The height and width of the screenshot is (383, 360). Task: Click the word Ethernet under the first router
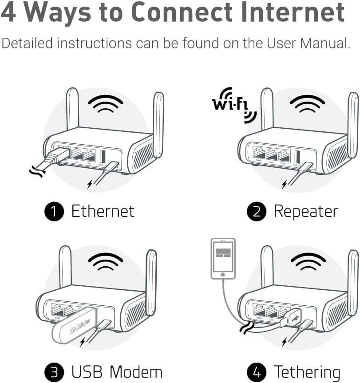point(103,211)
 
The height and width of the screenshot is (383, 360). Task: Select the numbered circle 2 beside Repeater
point(256,212)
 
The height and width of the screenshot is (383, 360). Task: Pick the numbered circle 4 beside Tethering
point(256,372)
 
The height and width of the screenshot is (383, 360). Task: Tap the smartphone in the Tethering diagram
point(223,258)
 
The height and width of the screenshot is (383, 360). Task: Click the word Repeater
point(306,211)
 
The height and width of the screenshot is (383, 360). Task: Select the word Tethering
point(307,372)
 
